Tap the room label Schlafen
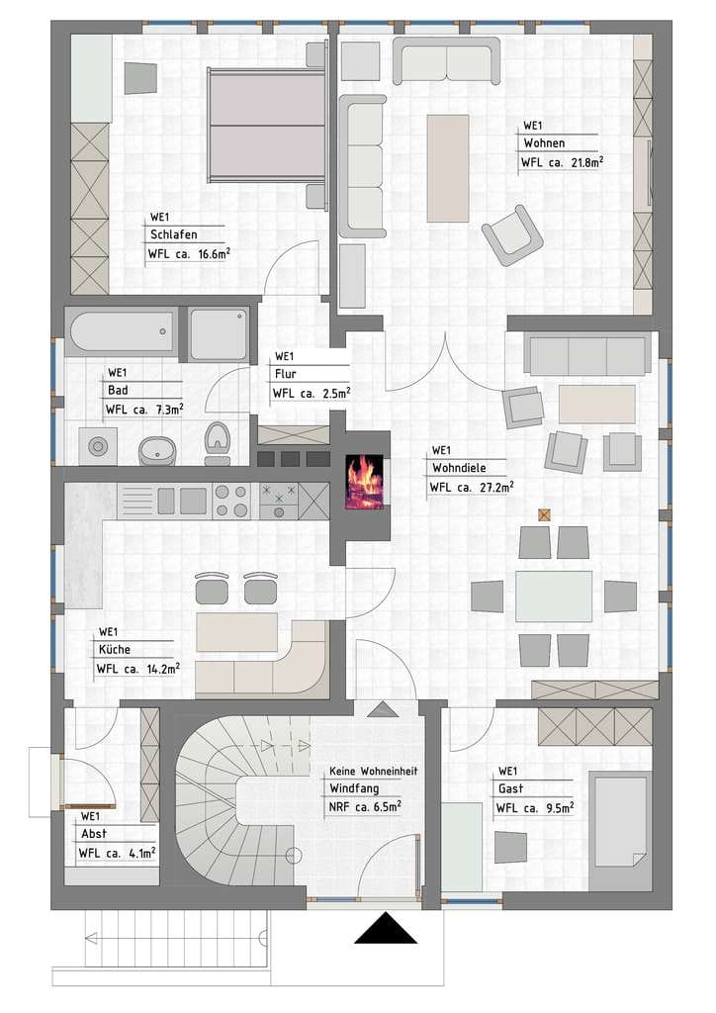(174, 234)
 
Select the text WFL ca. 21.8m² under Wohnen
(563, 163)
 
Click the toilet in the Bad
(217, 443)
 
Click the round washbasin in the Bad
(157, 450)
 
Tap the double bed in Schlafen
(266, 125)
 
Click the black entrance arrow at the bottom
(386, 928)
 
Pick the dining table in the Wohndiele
(554, 597)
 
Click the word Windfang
(354, 788)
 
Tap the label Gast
(510, 788)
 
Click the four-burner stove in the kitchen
(231, 501)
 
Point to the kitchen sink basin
(193, 501)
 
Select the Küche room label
(115, 649)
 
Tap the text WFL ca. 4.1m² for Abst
(117, 854)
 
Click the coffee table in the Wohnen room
(448, 168)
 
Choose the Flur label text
(286, 373)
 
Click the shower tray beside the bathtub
(219, 334)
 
